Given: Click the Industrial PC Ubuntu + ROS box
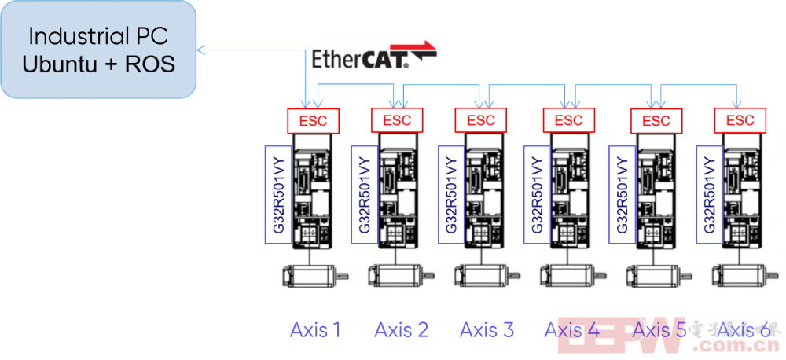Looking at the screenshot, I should [x=98, y=49].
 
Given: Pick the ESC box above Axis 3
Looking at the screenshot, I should [x=481, y=120].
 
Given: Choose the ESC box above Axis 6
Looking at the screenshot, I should [x=740, y=120].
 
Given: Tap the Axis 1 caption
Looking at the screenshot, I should [x=315, y=330].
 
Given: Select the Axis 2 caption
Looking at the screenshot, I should [x=402, y=330].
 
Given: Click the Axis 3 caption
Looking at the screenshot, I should [x=487, y=330].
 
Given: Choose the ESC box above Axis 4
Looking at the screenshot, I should [x=568, y=120].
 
